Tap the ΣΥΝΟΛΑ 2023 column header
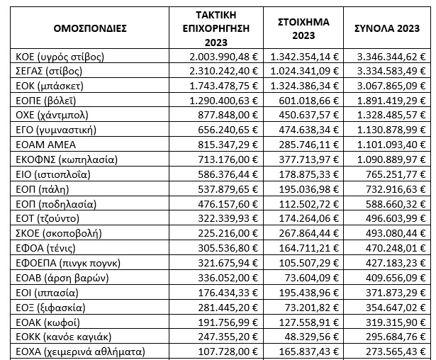tap(387, 28)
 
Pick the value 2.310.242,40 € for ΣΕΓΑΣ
tap(225, 71)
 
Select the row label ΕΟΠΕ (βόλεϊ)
tap(49, 101)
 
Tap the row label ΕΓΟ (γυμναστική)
tap(59, 130)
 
